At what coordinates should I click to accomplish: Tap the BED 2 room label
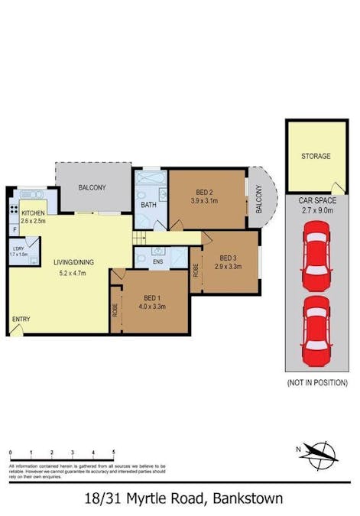204,191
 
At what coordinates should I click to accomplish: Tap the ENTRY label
21,320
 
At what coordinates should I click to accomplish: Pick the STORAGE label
316,157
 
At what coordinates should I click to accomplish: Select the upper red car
316,255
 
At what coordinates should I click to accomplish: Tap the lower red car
316,330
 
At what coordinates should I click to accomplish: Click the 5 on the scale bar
113,453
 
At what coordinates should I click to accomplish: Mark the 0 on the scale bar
10,453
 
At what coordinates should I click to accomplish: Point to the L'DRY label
18,247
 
